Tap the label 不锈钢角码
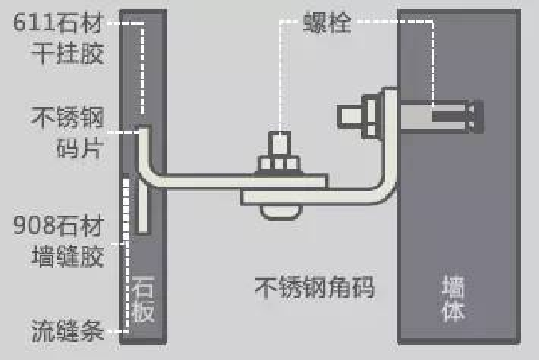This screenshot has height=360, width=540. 315,287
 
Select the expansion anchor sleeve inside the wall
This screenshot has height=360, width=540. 443,118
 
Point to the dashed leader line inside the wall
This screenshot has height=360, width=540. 432,66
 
